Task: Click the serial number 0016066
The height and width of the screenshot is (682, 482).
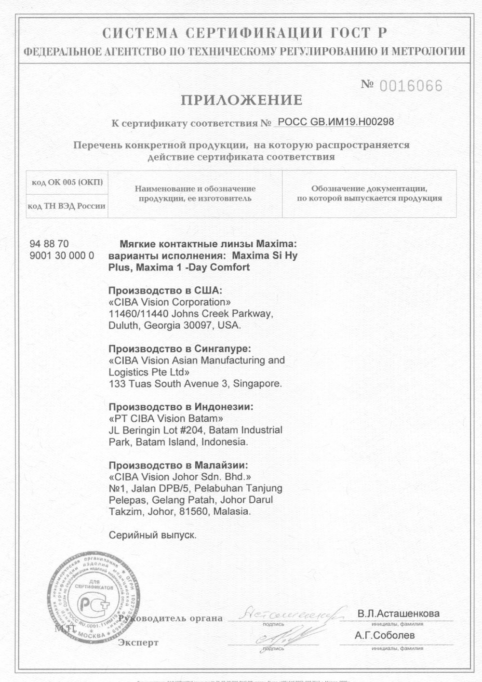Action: pos(411,86)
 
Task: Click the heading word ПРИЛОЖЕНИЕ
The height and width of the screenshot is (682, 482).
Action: pos(241,100)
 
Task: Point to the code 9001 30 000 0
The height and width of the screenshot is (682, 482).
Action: pos(62,256)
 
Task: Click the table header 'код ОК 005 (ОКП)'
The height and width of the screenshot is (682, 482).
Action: pos(67,183)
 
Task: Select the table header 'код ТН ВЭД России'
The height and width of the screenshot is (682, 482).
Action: pos(67,206)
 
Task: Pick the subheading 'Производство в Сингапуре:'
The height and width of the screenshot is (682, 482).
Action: pos(180,348)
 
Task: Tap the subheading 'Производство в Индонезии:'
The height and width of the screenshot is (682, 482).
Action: pos(181,407)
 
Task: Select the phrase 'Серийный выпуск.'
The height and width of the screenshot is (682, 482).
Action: pos(152,535)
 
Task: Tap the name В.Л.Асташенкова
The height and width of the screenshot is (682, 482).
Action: pos(398,614)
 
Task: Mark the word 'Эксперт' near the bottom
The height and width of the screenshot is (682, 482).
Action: pos(138,642)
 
